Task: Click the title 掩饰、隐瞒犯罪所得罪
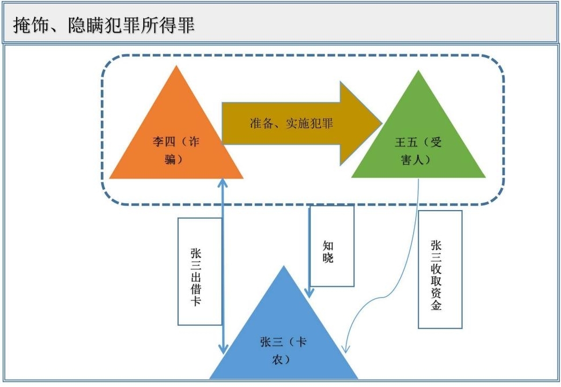point(104,25)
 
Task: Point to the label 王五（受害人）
point(418,151)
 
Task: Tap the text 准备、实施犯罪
point(291,124)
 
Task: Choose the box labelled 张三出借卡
point(200,271)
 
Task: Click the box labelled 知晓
point(332,246)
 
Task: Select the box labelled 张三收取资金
point(440,269)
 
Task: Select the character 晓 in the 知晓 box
point(328,258)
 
